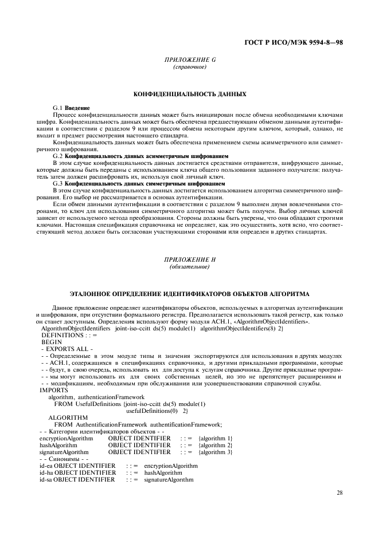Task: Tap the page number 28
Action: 339,492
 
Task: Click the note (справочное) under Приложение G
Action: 189,68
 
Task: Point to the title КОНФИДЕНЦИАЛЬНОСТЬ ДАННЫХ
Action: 189,94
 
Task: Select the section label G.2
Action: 58,156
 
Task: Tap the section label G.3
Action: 58,183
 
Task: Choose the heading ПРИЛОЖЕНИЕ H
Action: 189,260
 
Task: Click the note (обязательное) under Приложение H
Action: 189,267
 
